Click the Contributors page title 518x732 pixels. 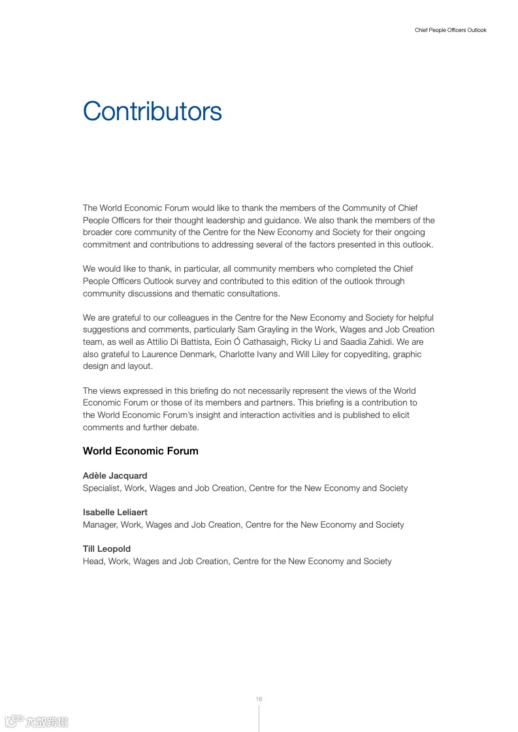(x=152, y=112)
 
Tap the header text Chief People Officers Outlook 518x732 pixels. (x=450, y=30)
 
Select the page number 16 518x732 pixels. (x=259, y=699)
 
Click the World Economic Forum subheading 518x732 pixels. (x=140, y=451)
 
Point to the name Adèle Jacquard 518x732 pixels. (x=115, y=476)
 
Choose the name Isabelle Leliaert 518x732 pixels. (x=115, y=513)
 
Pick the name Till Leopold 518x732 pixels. (x=106, y=549)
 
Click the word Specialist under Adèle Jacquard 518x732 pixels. (x=101, y=488)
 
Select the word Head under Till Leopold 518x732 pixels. (x=93, y=562)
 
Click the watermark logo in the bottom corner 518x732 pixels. (x=37, y=722)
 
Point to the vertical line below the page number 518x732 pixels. (x=259, y=718)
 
